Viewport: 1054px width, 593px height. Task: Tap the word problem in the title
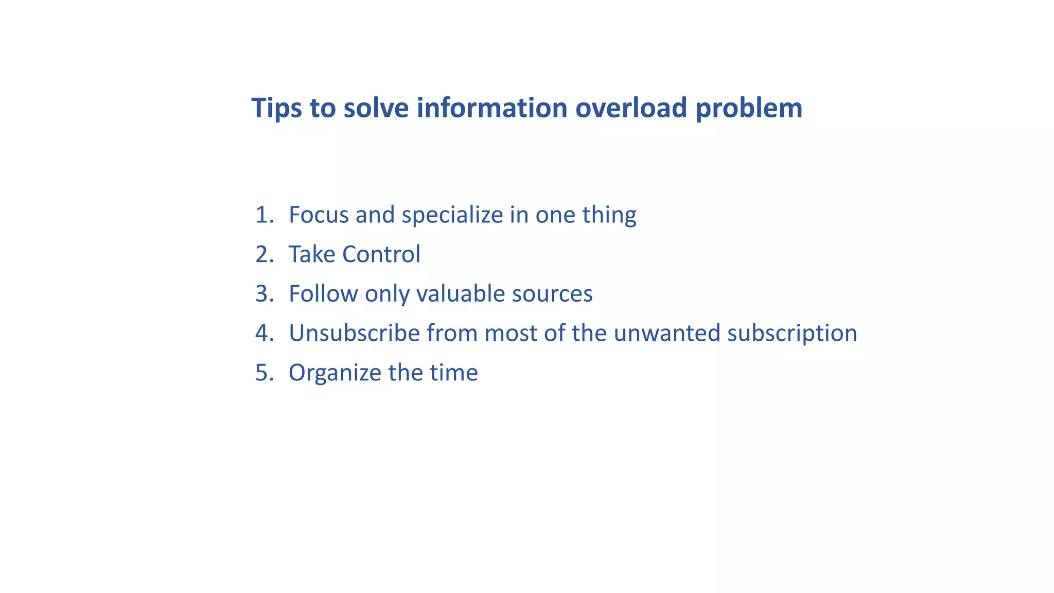749,108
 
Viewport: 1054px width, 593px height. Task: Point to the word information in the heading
491,108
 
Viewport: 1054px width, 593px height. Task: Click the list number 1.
263,215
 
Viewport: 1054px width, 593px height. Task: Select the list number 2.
263,254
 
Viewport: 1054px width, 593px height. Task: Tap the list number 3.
263,294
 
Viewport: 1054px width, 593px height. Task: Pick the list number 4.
263,333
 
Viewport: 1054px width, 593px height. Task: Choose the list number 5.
263,373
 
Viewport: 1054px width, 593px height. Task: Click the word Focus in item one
319,215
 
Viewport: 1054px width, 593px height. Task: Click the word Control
381,254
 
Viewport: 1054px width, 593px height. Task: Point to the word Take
311,254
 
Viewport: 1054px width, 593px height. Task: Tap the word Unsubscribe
354,333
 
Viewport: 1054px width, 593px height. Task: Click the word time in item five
453,373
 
